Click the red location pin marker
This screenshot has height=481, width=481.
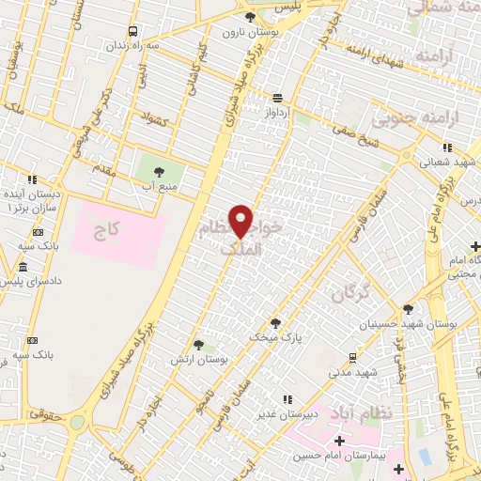(241, 221)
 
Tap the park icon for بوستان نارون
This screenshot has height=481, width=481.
(249, 17)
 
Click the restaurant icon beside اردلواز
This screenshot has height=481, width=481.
(277, 97)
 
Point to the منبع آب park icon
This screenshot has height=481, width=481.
(157, 170)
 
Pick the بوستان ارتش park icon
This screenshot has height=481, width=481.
(196, 345)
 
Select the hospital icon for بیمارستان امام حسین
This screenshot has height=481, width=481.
(339, 440)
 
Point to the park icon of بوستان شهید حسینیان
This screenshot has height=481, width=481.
(408, 308)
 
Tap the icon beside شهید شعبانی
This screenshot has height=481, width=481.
(447, 147)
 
